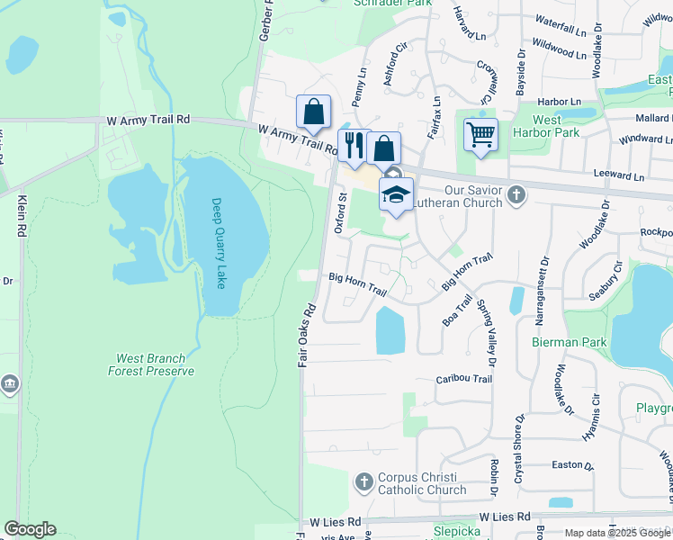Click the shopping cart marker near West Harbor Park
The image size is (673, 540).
coord(481,136)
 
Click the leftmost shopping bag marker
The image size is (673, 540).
coord(314,112)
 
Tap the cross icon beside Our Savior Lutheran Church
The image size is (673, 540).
coord(516,193)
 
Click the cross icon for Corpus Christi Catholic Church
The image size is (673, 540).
coord(364,482)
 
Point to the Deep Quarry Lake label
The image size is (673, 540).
coord(219,243)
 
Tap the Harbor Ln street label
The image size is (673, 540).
coord(559,102)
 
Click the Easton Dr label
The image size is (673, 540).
coord(571,466)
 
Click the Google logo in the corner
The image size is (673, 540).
coord(30,529)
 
